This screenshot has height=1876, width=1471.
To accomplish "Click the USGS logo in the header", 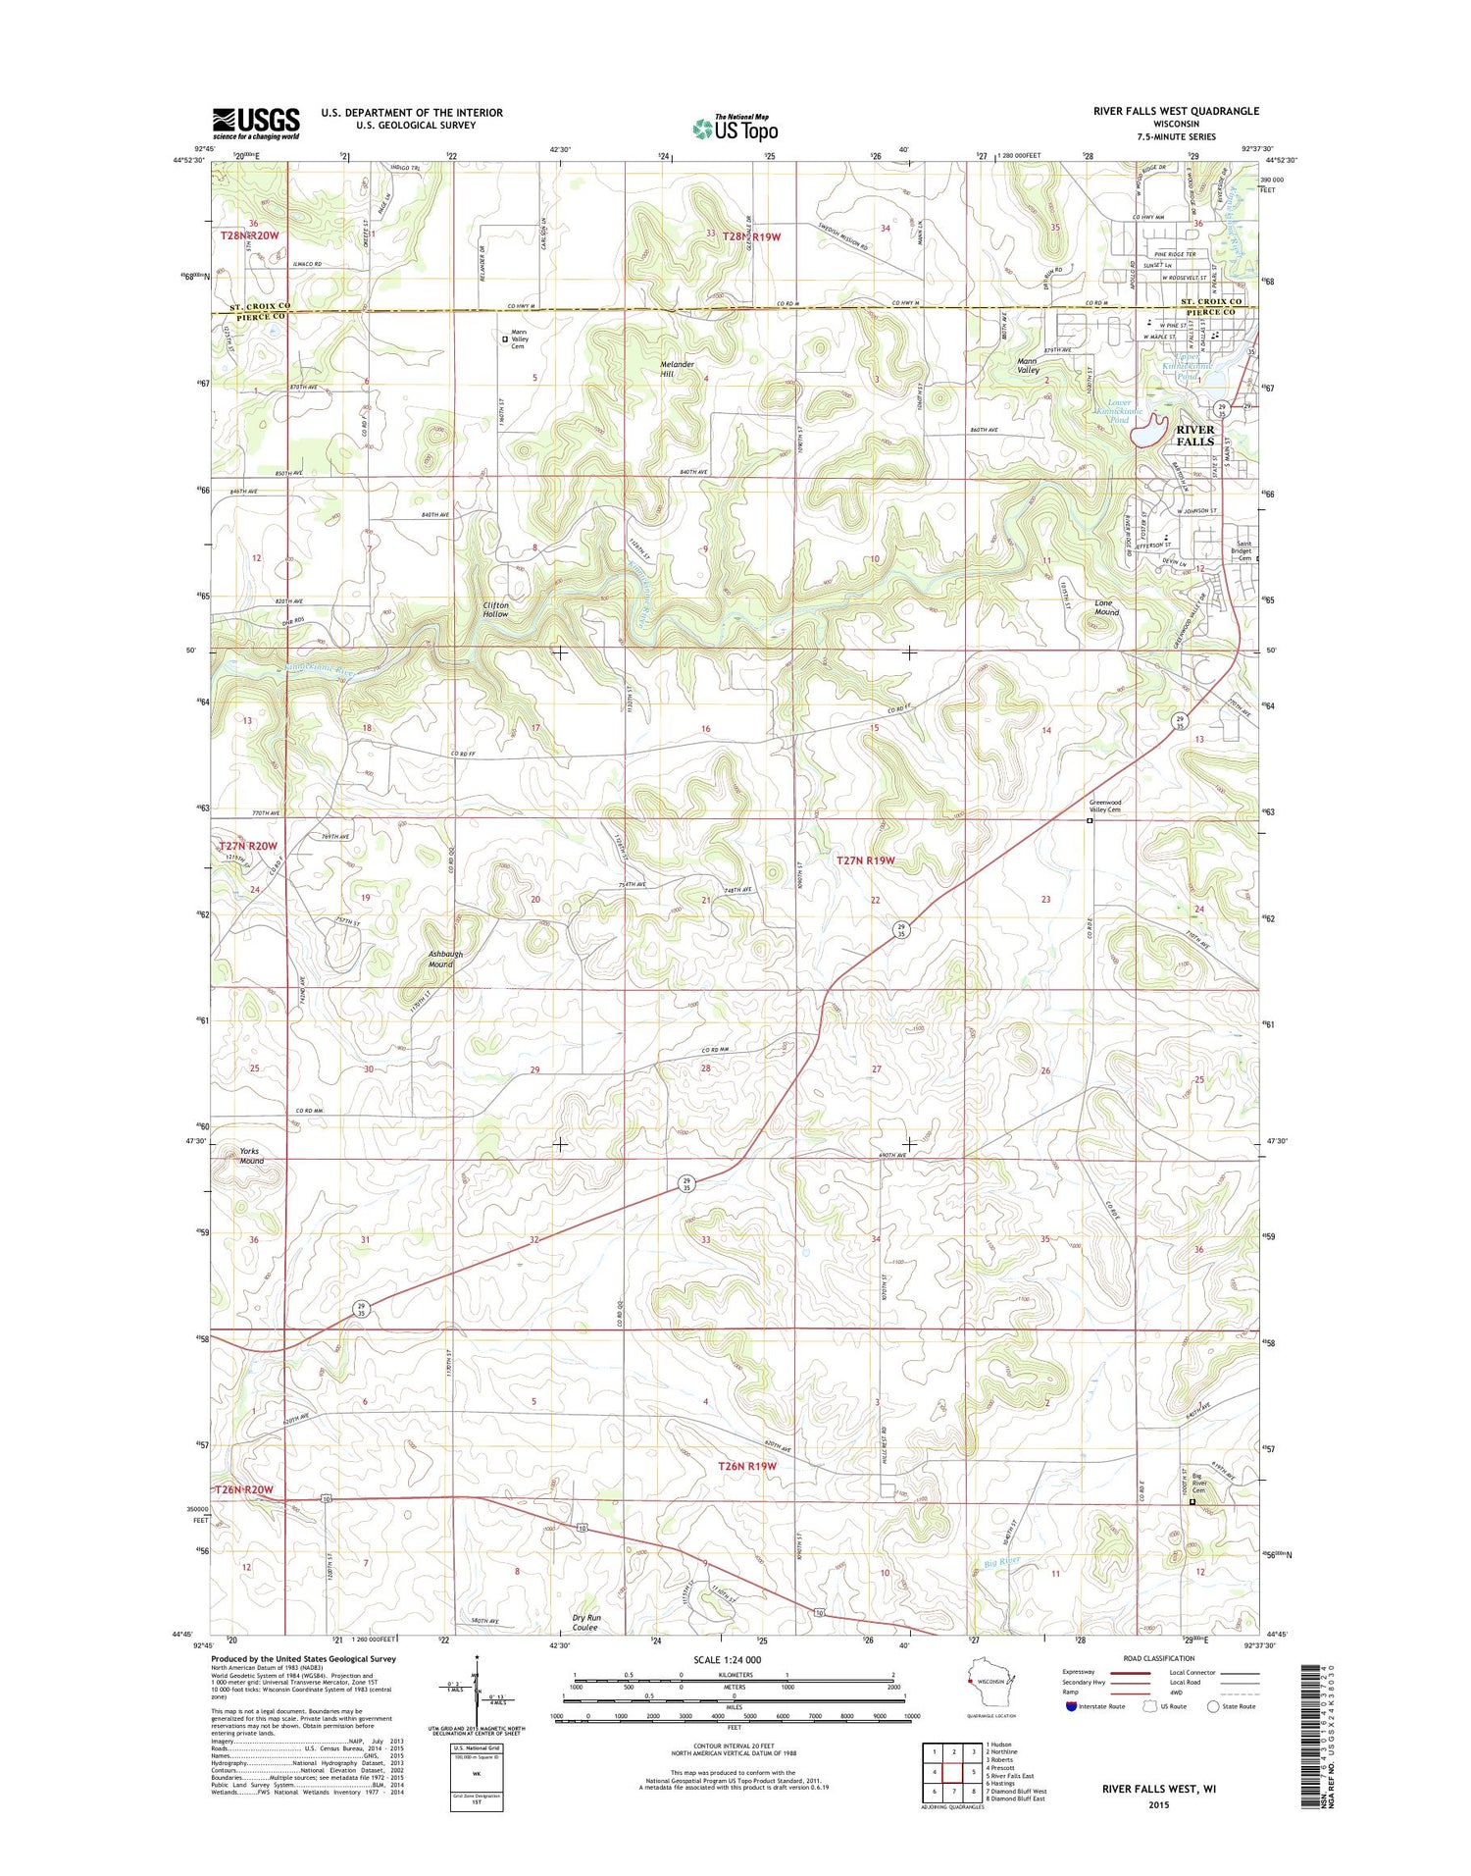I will pyautogui.click(x=256, y=123).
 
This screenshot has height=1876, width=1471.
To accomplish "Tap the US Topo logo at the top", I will pyautogui.click(x=735, y=128).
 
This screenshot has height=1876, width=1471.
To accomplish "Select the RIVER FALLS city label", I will pyautogui.click(x=1194, y=436).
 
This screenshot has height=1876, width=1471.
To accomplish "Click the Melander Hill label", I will pyautogui.click(x=677, y=369).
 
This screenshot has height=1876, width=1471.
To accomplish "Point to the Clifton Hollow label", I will pyautogui.click(x=495, y=609).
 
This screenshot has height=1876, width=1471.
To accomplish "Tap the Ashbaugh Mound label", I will pyautogui.click(x=444, y=959).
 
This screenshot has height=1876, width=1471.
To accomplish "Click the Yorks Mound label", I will pyautogui.click(x=251, y=1156).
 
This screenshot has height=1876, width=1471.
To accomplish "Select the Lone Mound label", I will pyautogui.click(x=1106, y=607).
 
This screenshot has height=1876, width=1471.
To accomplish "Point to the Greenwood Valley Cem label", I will pyautogui.click(x=1104, y=806).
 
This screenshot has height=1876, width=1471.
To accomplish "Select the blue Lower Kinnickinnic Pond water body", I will pyautogui.click(x=1148, y=431).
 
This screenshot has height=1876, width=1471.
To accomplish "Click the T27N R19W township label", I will pyautogui.click(x=865, y=860).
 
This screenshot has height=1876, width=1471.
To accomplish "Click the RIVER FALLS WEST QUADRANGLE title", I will pyautogui.click(x=1176, y=111).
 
